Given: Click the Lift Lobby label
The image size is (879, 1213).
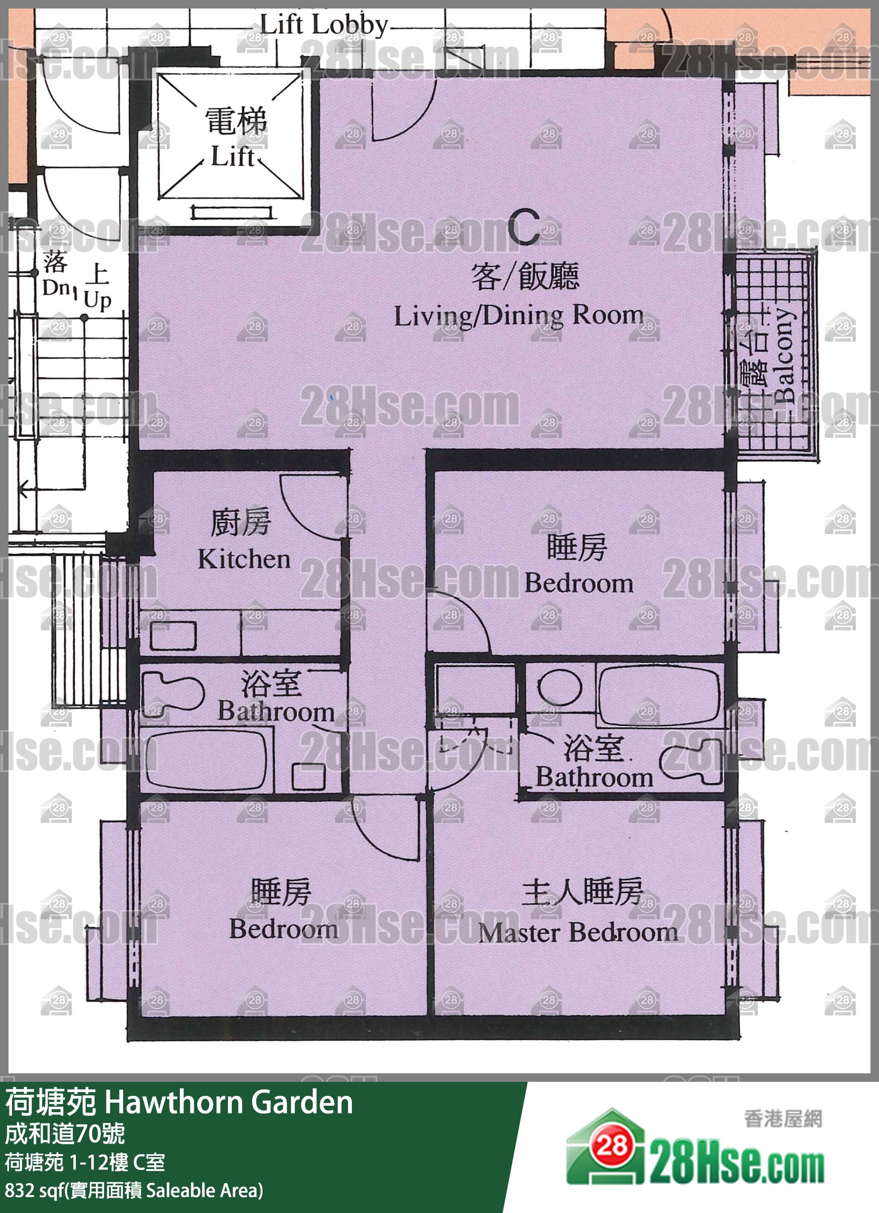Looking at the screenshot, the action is (324, 25).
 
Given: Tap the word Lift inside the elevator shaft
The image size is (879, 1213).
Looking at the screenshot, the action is (233, 157).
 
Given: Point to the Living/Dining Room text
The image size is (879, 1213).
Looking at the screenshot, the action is (519, 316).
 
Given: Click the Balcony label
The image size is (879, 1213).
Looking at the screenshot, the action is (785, 355).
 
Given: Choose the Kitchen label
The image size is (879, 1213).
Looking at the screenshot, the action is (245, 559).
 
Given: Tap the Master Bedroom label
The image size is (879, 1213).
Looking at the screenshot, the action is (578, 932).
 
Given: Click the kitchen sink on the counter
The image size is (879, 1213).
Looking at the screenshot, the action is (173, 635).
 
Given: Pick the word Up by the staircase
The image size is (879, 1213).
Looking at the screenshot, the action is (98, 301).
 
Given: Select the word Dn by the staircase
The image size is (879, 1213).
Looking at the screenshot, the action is (56, 288).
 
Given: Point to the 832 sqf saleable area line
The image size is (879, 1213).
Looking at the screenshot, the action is (134, 1190).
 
